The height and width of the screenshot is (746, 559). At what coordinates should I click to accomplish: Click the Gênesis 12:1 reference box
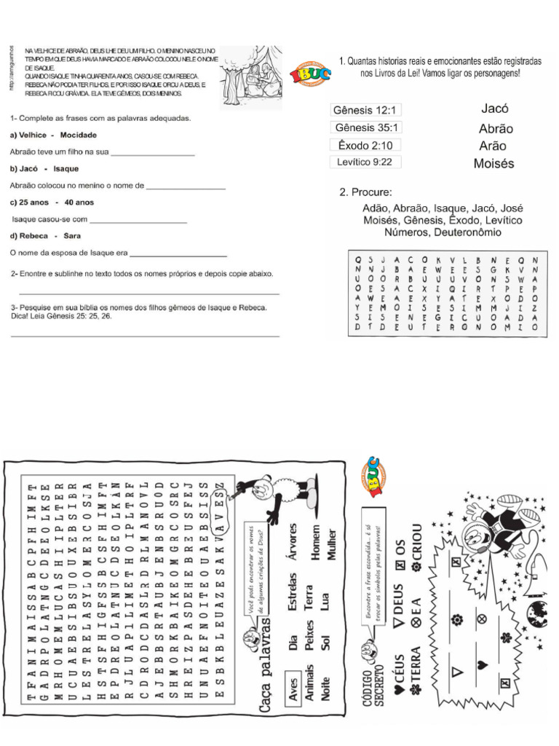click(x=365, y=111)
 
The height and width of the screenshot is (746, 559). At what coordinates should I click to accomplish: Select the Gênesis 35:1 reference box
click(x=365, y=127)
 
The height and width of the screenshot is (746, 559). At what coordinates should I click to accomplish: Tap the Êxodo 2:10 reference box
click(x=365, y=145)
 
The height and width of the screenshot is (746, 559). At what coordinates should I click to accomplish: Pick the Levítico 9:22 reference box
click(x=365, y=162)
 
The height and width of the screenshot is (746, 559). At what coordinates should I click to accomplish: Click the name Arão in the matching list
click(x=493, y=146)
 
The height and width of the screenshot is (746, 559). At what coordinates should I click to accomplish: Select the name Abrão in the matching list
click(x=496, y=128)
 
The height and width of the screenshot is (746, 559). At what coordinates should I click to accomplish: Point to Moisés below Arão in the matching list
click(x=493, y=164)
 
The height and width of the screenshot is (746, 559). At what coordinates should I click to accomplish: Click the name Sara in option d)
click(x=72, y=236)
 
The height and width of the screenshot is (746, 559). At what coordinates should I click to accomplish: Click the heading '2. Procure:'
click(x=365, y=192)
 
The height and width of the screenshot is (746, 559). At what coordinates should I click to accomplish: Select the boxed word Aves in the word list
click(x=295, y=693)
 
